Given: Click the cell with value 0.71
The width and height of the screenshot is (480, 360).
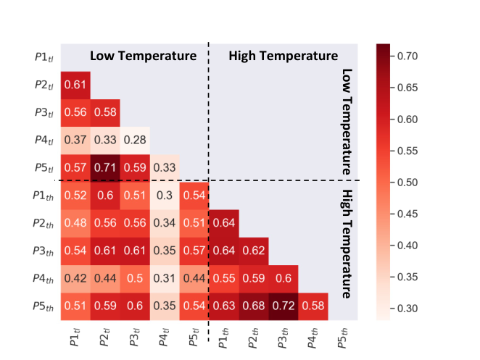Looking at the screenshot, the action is click(x=105, y=168).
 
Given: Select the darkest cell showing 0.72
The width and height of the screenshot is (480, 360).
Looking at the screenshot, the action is click(x=284, y=306).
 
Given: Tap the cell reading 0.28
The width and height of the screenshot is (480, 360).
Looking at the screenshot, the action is click(x=135, y=141).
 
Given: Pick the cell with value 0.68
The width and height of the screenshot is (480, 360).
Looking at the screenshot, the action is click(x=254, y=306).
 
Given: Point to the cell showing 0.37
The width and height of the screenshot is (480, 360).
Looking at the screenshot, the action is click(x=75, y=141).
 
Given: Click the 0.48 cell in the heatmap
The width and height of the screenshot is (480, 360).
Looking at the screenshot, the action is click(x=75, y=223).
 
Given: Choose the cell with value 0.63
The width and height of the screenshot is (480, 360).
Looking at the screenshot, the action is click(x=224, y=306).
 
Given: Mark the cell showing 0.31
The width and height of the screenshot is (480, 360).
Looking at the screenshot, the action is click(x=165, y=279).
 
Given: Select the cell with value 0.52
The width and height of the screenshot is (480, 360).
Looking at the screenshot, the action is click(x=75, y=196).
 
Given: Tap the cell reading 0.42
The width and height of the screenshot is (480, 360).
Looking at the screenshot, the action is click(x=75, y=279).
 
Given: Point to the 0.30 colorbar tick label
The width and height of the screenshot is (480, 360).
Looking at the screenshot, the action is click(x=407, y=309).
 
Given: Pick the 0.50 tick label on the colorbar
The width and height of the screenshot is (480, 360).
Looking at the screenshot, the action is click(x=407, y=183).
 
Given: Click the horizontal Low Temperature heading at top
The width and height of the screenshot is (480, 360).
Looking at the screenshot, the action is click(x=144, y=56).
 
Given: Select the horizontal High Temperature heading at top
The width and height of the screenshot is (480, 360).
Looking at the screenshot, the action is click(x=284, y=56).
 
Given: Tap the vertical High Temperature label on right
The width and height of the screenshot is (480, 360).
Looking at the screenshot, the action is click(x=347, y=244).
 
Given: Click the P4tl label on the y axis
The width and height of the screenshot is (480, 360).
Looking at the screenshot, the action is click(x=44, y=140).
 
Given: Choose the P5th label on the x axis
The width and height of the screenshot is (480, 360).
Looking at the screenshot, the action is click(x=342, y=338).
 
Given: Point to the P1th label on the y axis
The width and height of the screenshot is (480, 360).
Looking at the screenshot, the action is click(x=44, y=196).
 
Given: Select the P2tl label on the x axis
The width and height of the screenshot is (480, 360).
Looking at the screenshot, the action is click(x=104, y=337).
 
